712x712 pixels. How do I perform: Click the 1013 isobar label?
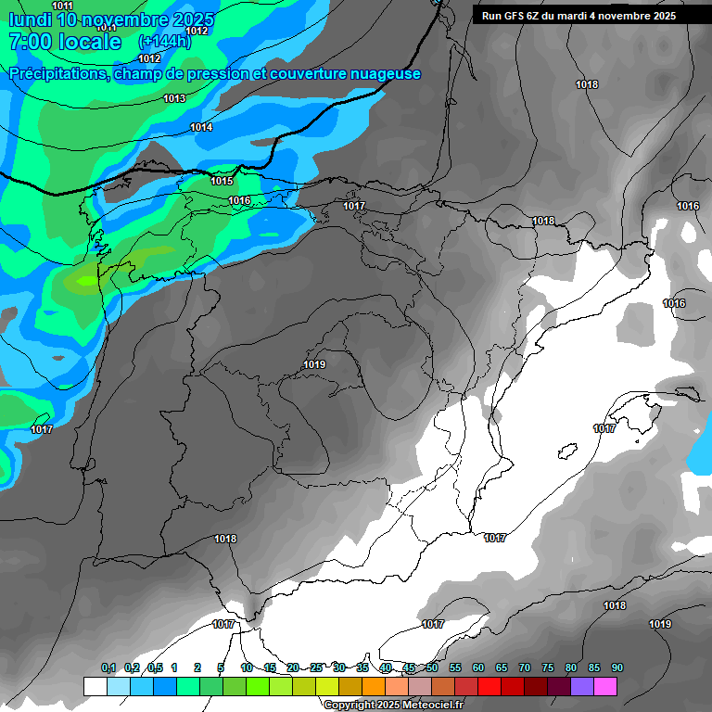[x=174, y=98]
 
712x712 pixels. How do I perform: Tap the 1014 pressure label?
[x=201, y=127]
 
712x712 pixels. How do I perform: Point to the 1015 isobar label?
[x=222, y=181]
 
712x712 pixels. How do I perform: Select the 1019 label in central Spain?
[x=314, y=364]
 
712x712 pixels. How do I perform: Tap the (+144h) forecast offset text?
[x=164, y=42]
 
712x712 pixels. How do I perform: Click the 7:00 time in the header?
[x=28, y=42]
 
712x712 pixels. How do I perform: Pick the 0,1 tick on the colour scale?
[x=108, y=667]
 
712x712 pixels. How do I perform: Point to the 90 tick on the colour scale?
[x=617, y=667]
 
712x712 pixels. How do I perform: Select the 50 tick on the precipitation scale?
[x=432, y=667]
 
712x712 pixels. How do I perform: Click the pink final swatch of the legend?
[x=605, y=686]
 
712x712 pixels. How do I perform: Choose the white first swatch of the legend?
[x=95, y=686]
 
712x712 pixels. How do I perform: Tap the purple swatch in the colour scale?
[x=582, y=686]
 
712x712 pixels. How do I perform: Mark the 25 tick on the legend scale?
[x=316, y=667]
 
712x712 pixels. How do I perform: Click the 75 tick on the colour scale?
[x=548, y=667]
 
